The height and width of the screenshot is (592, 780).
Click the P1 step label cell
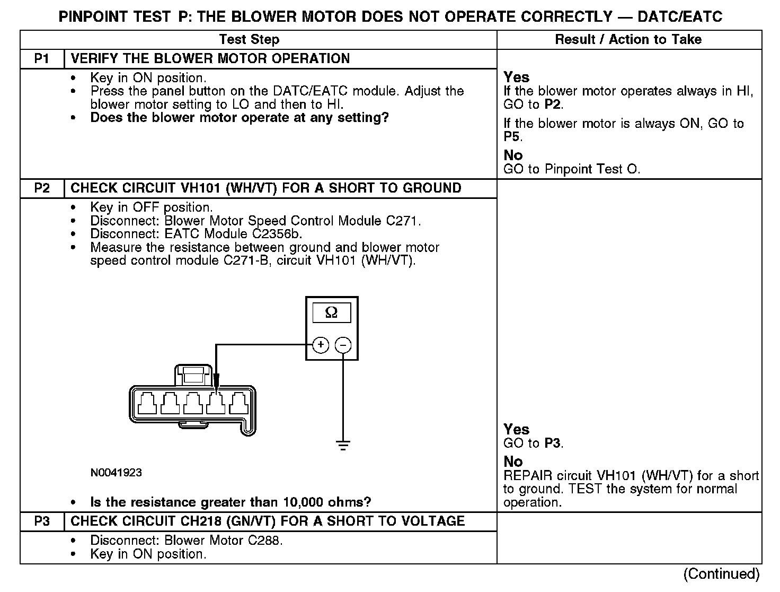(42, 58)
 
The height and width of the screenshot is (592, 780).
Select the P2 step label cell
(42, 188)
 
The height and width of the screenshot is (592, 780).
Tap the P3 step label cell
(42, 521)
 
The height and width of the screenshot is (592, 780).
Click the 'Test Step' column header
(249, 39)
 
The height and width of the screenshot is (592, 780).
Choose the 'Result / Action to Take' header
(628, 39)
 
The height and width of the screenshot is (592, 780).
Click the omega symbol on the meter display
(331, 312)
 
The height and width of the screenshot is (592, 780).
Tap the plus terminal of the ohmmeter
(321, 345)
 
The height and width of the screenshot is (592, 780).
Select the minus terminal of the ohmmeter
(343, 345)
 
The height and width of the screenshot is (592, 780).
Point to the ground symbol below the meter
(343, 445)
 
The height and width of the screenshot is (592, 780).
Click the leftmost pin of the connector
(147, 404)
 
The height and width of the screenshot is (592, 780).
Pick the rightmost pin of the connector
(238, 404)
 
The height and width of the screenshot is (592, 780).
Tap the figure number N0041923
(116, 472)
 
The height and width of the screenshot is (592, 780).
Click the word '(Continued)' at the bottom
(721, 573)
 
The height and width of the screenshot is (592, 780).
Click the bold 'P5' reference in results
(512, 137)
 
